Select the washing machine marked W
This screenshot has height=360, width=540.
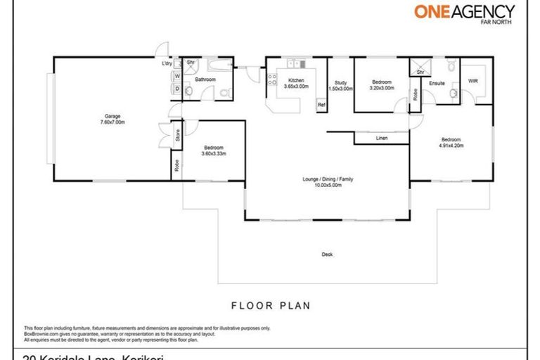coord(176,76)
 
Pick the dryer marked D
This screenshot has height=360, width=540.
coord(176,89)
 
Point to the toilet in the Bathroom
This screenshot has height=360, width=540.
coord(224,92)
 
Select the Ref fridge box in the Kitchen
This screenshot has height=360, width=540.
coord(321,104)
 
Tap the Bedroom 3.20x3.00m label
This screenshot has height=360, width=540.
coord(382,84)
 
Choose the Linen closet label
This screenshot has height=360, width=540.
coord(382,138)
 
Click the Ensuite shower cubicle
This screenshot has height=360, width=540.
coord(420,66)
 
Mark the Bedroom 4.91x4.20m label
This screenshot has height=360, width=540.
coord(452,142)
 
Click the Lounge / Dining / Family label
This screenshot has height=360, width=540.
coord(327,182)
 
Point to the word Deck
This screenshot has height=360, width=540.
coord(327,254)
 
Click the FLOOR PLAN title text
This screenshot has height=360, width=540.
coord(271,306)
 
